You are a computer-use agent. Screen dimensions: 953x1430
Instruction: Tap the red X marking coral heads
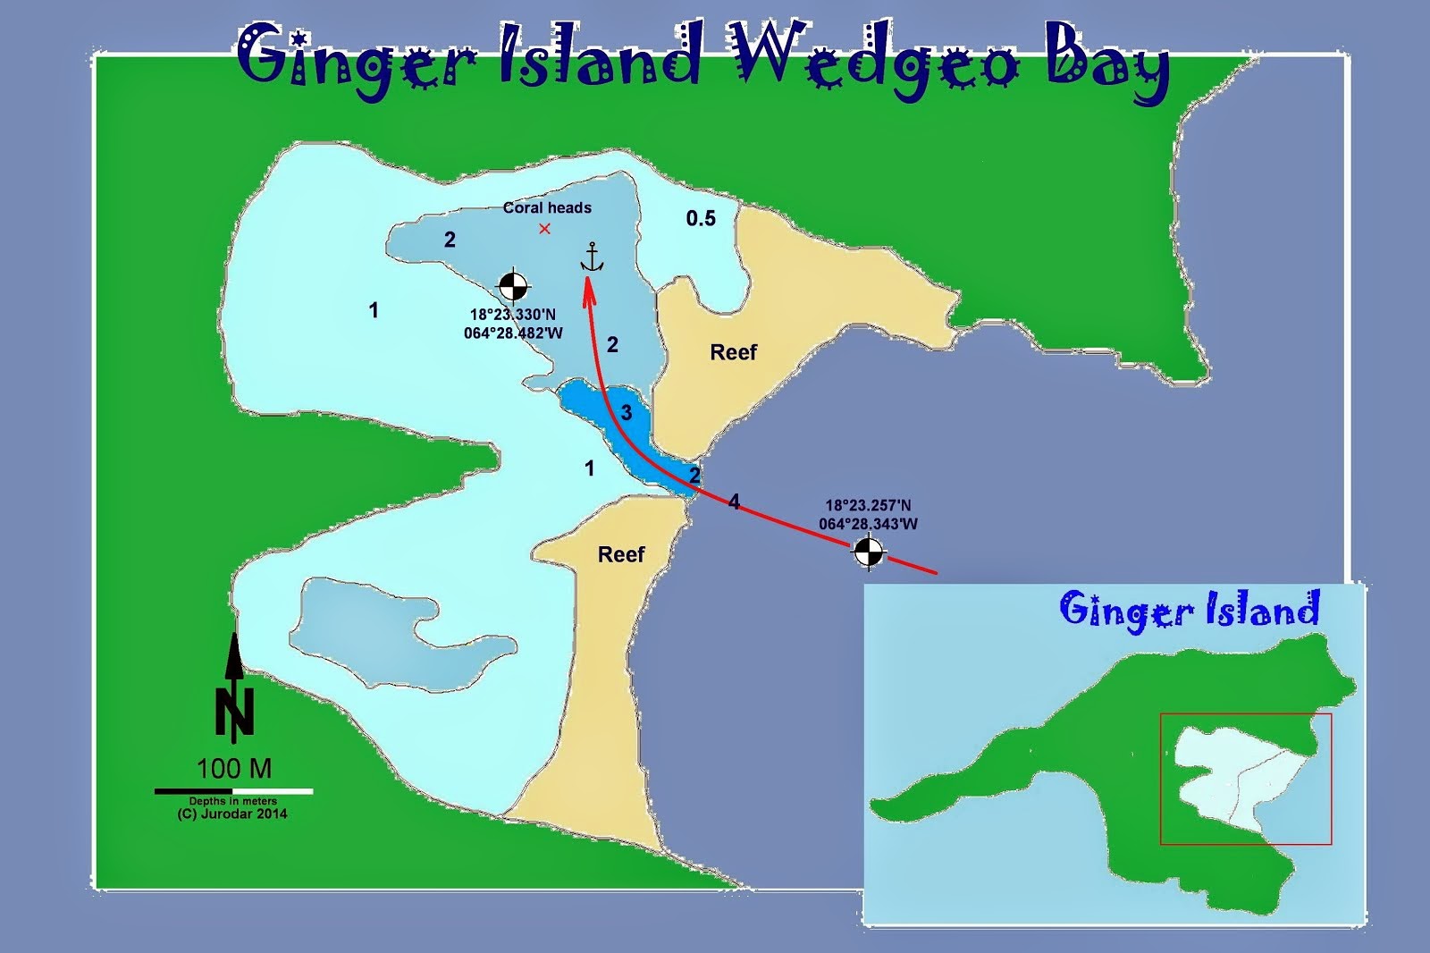click(x=544, y=229)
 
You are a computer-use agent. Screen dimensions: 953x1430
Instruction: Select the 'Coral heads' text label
click(x=547, y=207)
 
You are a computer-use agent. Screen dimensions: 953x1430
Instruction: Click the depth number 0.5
click(x=701, y=218)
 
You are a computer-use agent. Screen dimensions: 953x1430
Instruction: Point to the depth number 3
click(x=627, y=412)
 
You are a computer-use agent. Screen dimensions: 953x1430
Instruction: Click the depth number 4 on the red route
click(x=734, y=502)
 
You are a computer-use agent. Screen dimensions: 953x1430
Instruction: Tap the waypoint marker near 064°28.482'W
click(x=512, y=285)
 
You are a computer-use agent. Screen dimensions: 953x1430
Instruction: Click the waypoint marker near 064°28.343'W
click(x=867, y=552)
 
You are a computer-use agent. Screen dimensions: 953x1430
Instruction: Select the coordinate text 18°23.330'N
click(x=513, y=315)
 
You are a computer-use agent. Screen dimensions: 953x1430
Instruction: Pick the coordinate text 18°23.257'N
click(x=868, y=505)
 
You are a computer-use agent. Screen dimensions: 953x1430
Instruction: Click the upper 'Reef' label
click(x=733, y=352)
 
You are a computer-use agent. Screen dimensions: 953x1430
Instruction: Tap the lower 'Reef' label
click(x=621, y=554)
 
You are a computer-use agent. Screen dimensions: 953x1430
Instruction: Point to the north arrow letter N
click(x=234, y=712)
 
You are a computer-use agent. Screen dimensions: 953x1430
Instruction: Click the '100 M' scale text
click(x=234, y=768)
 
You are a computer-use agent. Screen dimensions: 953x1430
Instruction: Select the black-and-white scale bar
click(x=233, y=791)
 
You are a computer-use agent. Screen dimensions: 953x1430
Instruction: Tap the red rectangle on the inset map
click(x=1246, y=779)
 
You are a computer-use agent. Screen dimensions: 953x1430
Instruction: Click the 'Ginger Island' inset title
click(x=1189, y=611)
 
